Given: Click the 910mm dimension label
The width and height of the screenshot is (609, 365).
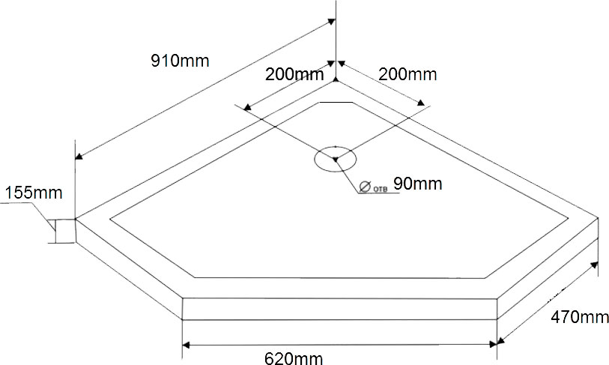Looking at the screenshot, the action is point(180,61).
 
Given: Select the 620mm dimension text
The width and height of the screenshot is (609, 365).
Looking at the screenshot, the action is point(294,358).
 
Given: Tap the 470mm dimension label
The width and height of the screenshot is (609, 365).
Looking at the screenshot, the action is point(580,317).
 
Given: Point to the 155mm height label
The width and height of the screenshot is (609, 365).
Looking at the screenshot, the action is point(34,193).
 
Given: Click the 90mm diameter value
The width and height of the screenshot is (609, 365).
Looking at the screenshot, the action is point(417,184).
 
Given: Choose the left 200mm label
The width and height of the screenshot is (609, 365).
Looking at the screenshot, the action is point(294,74).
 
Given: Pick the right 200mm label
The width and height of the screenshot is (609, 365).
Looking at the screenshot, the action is point(407,74).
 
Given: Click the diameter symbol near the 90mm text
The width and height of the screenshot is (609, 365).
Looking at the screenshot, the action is point(365,187).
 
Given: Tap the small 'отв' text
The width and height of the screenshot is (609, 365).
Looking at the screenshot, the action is point(381,190).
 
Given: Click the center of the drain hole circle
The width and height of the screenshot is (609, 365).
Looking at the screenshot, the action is point(335,159).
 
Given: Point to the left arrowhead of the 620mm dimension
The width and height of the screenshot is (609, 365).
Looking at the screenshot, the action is point(186,345).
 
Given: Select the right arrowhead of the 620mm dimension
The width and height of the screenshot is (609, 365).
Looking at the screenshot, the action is point(493,345).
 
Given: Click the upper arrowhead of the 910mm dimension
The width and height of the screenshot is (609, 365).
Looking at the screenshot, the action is point(331,22).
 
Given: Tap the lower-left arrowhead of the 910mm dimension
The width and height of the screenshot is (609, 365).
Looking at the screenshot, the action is point(79,156).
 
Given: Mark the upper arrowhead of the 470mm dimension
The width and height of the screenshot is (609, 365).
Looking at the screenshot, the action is point(594,265).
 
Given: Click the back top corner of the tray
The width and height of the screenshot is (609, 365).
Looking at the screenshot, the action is point(336,80).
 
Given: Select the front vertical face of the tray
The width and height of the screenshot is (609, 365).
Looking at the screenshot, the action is point(339,309).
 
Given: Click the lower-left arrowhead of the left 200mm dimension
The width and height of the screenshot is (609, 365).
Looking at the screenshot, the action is point(247,107).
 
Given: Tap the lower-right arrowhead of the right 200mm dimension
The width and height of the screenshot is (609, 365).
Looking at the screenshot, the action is point(421,103).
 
